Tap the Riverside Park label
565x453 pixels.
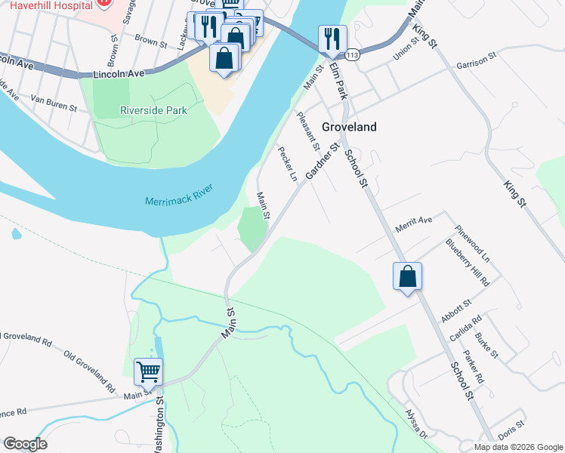point(153,110)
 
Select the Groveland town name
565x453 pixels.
point(349,128)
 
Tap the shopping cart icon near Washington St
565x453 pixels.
point(149,371)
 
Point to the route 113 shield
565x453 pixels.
point(351,55)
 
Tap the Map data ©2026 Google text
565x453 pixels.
point(517,447)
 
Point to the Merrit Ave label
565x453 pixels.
point(413,220)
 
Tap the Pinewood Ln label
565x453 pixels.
point(473,242)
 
